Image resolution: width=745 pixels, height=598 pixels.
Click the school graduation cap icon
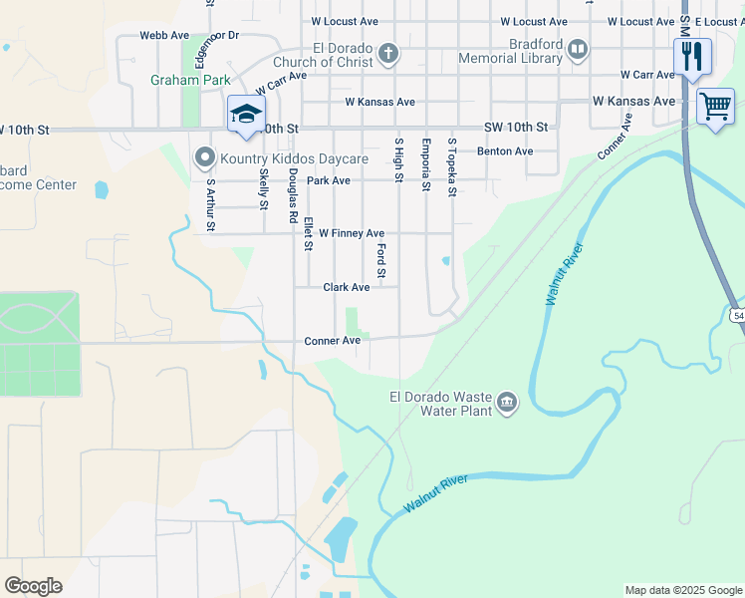246,114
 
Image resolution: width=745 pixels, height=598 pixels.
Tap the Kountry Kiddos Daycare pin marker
205,156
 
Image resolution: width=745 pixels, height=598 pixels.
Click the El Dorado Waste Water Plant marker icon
507,403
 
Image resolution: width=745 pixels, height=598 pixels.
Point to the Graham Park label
190,80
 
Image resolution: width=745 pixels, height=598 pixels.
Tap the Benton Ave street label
505,151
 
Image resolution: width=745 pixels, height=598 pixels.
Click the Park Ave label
329,180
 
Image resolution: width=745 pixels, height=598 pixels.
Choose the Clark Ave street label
346,287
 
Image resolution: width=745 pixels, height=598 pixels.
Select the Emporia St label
425,164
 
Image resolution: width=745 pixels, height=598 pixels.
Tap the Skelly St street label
264,187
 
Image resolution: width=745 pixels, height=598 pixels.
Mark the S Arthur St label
210,204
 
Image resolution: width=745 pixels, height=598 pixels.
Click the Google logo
33,585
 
